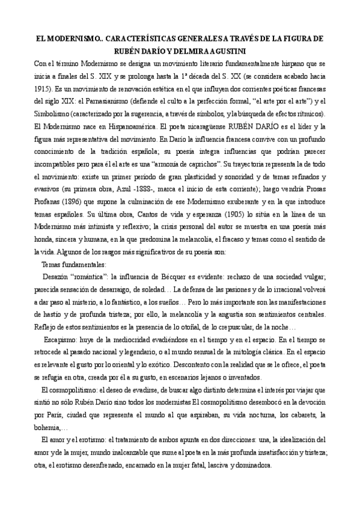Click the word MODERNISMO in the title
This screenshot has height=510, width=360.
[69, 38]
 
